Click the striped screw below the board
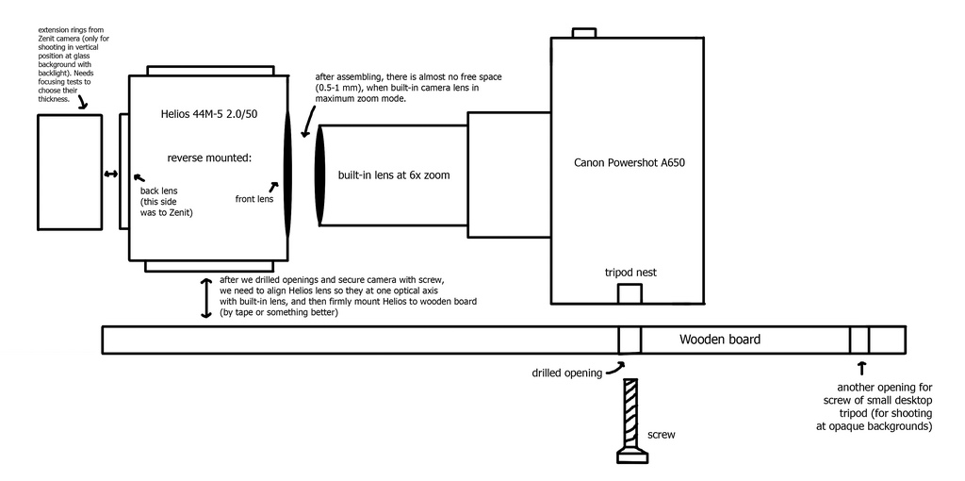pos(630,415)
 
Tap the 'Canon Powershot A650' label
pos(629,162)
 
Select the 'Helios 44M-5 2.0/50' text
pos(207,115)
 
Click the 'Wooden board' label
pos(720,340)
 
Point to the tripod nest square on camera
pos(629,292)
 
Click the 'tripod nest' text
pos(630,273)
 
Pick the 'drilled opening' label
pos(567,373)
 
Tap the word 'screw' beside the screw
pos(662,436)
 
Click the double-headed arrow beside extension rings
pos(111,174)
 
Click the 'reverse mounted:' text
pos(209,157)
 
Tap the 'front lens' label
pos(254,199)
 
